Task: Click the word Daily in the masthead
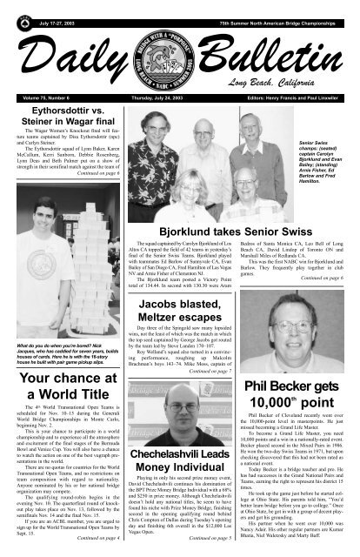pos(63,55)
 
